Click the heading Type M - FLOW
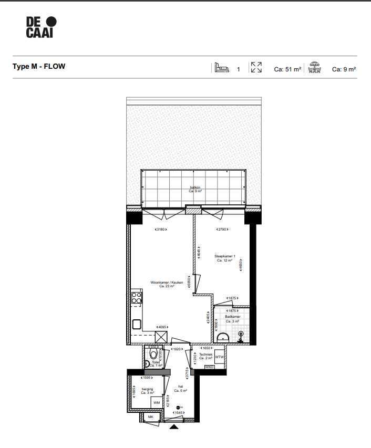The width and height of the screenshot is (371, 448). pos(39,67)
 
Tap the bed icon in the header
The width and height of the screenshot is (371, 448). pos(221,68)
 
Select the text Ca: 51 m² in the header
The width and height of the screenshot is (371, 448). pos(287,69)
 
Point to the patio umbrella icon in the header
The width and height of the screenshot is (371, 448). pos(315,68)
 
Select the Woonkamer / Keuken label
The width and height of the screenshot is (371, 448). pos(166,284)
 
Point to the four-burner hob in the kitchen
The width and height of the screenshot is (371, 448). pos(137,298)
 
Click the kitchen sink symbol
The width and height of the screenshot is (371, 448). pos(137,324)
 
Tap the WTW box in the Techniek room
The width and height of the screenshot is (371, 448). pos(219,358)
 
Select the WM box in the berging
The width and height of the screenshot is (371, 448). pos(157,402)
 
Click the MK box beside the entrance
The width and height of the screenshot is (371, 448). pos(150,417)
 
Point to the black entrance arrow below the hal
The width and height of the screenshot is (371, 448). pos(174,428)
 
